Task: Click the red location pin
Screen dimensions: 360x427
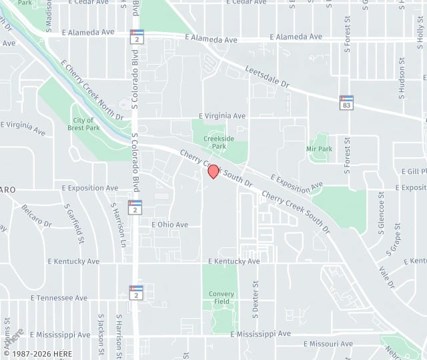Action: [213, 171]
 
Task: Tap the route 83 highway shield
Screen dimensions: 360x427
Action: [346, 103]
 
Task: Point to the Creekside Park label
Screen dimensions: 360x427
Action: [215, 141]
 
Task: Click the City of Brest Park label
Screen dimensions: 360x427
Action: [83, 123]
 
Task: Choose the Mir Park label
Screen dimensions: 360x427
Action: [319, 149]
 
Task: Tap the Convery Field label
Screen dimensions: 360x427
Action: [222, 297]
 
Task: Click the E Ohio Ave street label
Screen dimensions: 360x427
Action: [169, 225]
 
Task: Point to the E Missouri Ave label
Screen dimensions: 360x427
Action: [328, 344]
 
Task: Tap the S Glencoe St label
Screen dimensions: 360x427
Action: [382, 210]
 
